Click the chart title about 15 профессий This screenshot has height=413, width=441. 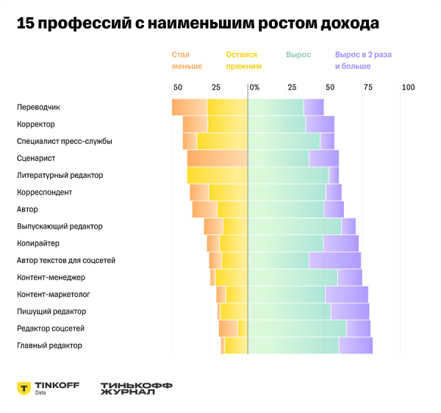198,24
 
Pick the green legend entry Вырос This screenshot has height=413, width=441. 298,55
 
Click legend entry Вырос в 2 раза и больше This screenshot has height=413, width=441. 362,60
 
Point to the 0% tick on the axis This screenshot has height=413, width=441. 254,87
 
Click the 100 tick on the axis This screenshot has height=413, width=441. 407,87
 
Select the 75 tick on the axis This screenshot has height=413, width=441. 367,87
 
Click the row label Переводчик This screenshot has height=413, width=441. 38,107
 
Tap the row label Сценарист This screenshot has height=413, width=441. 36,158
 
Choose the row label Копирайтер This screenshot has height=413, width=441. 38,243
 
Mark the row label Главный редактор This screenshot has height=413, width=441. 49,345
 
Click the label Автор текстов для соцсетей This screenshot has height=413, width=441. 65,260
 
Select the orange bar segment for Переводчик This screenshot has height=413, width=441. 190,107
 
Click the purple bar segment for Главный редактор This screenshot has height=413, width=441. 356,345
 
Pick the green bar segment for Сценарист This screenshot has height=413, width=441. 278,158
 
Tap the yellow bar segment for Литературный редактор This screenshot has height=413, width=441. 218,175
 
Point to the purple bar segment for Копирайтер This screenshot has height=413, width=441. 341,243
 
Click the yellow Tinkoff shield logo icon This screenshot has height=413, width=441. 24,388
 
